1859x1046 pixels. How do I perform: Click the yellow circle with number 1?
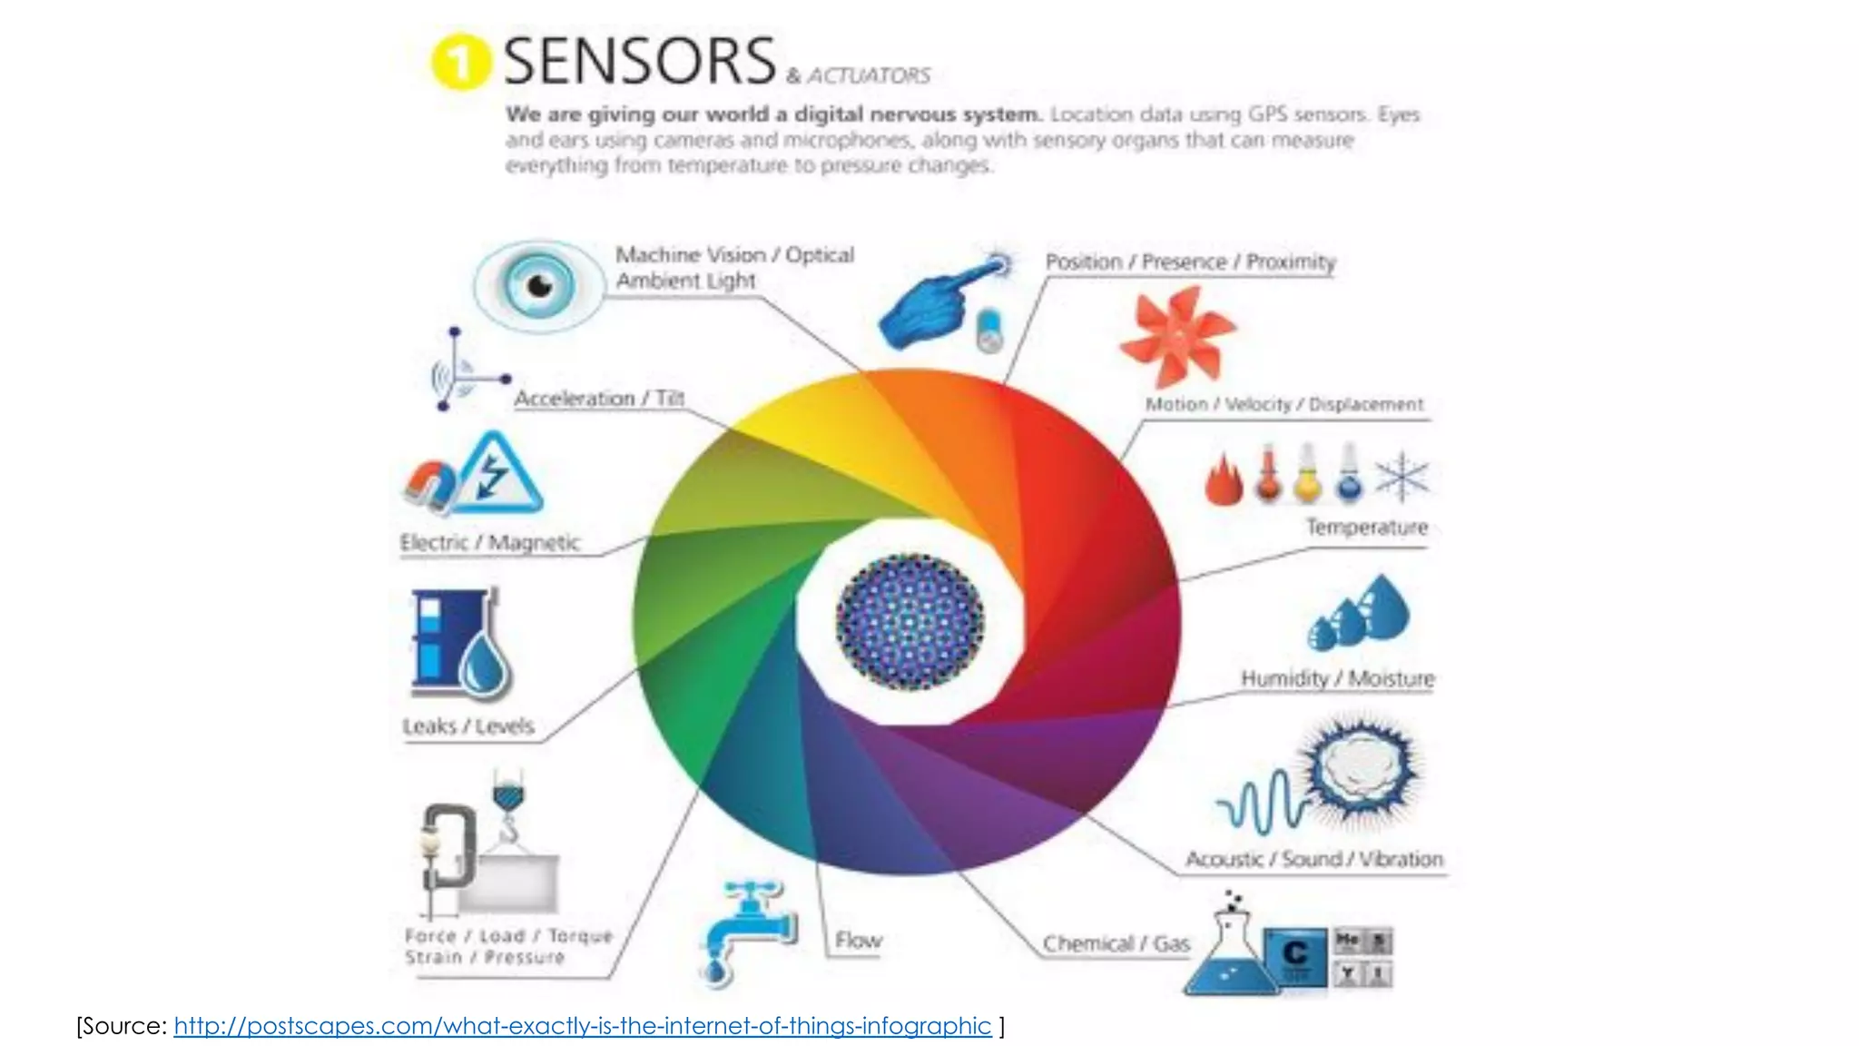tap(460, 62)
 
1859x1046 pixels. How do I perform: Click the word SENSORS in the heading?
tap(639, 62)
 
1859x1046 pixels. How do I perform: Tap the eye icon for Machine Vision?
tap(539, 286)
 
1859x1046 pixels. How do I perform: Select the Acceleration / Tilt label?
tap(599, 399)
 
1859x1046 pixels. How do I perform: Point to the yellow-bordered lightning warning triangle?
tap(498, 474)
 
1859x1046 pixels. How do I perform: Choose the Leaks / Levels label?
tap(468, 726)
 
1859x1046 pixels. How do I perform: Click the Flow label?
tap(858, 941)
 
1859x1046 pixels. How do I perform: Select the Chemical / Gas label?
tap(1116, 944)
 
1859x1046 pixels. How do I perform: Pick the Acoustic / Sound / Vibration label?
tap(1313, 859)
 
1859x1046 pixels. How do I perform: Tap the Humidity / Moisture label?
tap(1337, 678)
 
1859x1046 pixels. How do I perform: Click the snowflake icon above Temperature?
tap(1402, 477)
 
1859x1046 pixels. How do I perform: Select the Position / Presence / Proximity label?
tap(1190, 262)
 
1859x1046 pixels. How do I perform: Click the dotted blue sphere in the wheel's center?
tap(910, 622)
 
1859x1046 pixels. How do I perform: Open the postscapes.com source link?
tap(582, 1026)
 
